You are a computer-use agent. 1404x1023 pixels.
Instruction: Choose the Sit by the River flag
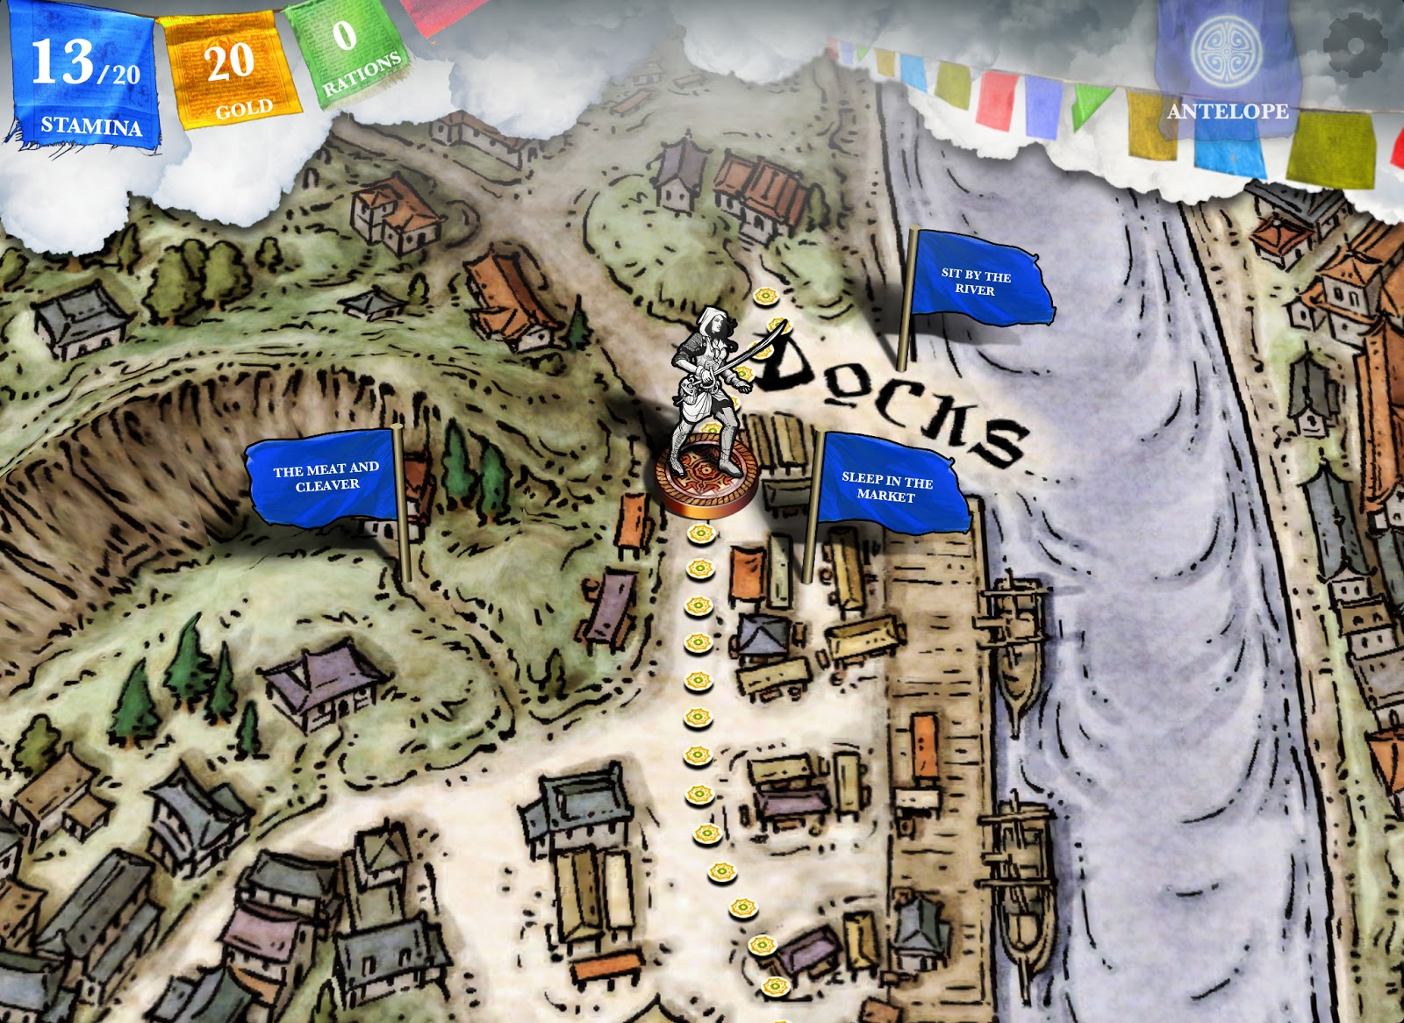pyautogui.click(x=978, y=279)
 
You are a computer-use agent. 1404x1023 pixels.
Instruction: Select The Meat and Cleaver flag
pyautogui.click(x=325, y=477)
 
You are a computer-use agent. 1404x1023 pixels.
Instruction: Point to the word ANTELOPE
pyautogui.click(x=1227, y=111)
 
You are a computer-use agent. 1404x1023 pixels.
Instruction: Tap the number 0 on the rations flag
pyautogui.click(x=344, y=34)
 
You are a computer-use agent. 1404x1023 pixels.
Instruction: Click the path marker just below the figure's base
pyautogui.click(x=700, y=533)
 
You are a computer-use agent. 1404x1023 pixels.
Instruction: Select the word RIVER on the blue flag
pyautogui.click(x=975, y=290)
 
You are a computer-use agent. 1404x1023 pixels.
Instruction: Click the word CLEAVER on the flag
pyautogui.click(x=327, y=486)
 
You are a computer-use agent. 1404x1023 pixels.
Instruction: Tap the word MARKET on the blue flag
pyautogui.click(x=885, y=496)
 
